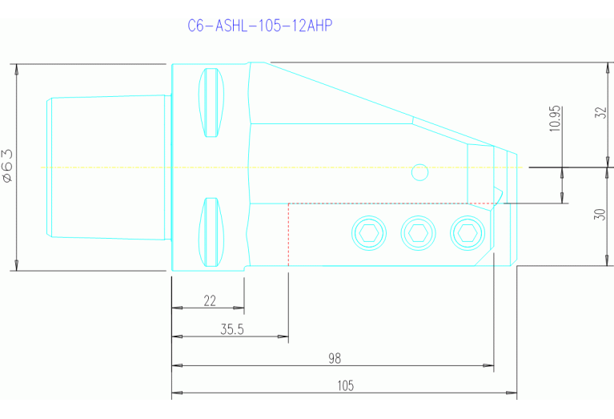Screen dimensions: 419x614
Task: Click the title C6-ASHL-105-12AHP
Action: [x=259, y=26]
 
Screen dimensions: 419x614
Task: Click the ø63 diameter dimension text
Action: [x=9, y=166]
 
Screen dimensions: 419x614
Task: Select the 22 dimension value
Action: [x=210, y=301]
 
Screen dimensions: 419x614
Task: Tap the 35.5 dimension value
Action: [x=231, y=329]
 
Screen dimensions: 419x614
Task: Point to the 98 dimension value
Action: [x=335, y=357]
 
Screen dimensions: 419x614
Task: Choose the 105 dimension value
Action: [x=345, y=386]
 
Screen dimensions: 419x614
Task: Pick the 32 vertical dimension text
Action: [x=601, y=112]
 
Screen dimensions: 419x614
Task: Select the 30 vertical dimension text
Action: [x=601, y=216]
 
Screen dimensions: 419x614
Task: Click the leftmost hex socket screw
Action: [x=367, y=233]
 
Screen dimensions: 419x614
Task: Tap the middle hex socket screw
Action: [x=416, y=233]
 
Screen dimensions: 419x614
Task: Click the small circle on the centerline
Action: [x=418, y=171]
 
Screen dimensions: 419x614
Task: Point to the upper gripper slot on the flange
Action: [x=211, y=103]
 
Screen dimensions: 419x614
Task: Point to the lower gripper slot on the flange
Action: [x=211, y=233]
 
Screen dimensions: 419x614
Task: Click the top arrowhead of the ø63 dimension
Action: [x=17, y=68]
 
